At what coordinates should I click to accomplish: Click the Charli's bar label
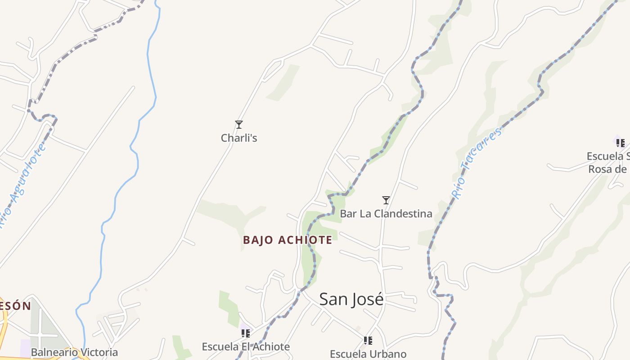point(239,138)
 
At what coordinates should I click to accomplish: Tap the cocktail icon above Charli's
point(239,125)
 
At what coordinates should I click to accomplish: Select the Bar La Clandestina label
point(386,213)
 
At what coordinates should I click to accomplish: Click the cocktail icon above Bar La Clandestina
point(386,200)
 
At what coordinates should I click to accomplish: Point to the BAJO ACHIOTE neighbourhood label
point(288,240)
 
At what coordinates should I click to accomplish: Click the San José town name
point(351,299)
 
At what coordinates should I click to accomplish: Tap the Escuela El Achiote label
point(246,346)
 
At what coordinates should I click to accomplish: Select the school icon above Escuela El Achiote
point(246,333)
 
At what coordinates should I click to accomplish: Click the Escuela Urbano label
point(368,354)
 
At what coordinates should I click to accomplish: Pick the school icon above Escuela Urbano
point(368,341)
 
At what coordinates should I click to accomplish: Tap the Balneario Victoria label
point(74,352)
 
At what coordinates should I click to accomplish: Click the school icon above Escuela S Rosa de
point(620,143)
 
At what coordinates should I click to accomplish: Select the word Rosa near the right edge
point(601,169)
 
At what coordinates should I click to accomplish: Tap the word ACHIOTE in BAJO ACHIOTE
point(305,240)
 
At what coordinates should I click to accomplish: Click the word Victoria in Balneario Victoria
point(98,352)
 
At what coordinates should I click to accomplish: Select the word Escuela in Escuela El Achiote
point(219,346)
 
